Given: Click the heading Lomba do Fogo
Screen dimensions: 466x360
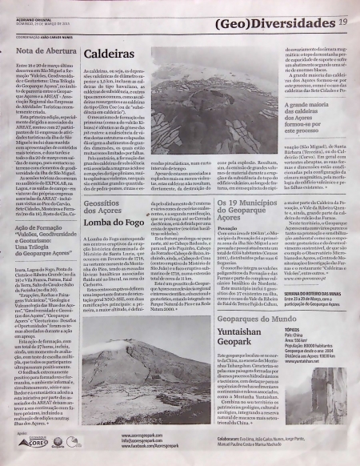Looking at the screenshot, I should click(115, 219).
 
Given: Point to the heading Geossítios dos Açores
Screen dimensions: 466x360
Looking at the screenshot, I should click(114, 206).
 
